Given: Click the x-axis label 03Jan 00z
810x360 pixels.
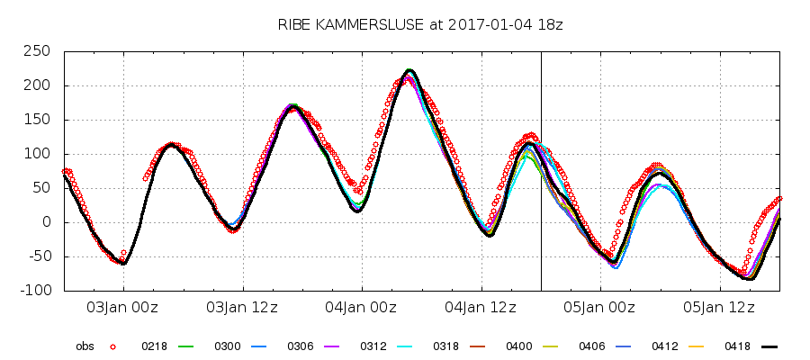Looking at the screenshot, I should (x=122, y=308).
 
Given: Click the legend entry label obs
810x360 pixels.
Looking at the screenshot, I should (x=85, y=346).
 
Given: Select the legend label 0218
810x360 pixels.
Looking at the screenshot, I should (x=155, y=346).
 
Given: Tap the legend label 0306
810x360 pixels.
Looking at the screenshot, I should (x=301, y=346).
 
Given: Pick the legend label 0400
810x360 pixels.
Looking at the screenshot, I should (x=520, y=346).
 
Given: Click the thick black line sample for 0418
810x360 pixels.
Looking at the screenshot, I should (x=769, y=346).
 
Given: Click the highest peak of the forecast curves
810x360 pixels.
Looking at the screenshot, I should (x=409, y=70).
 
